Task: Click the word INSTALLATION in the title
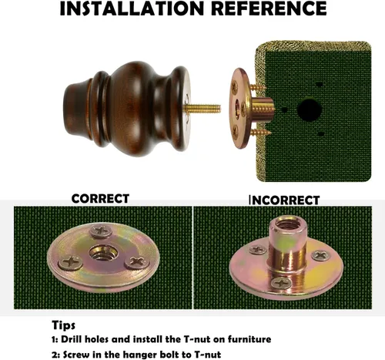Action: pos(132,8)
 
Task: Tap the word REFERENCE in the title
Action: pos(269,8)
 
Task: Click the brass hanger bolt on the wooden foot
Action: pos(203,108)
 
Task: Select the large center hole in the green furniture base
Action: pos(309,109)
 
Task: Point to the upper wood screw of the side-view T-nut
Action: pos(257,87)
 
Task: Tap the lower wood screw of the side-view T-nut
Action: pos(260,133)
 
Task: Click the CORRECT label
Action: pos(100,199)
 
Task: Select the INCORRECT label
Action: pos(284,200)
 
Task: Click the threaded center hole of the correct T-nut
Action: pos(104,253)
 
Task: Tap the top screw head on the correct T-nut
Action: pos(101,231)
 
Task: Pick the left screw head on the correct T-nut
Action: pos(71,262)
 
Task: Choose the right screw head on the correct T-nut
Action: pos(136,262)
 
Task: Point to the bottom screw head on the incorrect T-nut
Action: pos(282,283)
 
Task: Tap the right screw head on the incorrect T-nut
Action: pos(321,255)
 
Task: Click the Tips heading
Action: pos(64,325)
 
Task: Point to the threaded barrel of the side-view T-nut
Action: pos(263,109)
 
